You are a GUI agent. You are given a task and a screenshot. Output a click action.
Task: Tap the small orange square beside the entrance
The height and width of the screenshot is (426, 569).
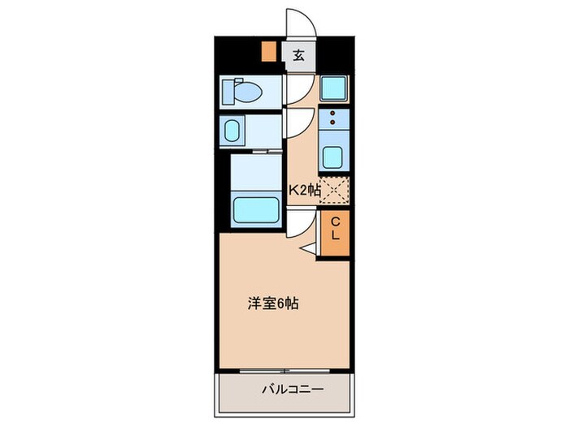click(x=267, y=51)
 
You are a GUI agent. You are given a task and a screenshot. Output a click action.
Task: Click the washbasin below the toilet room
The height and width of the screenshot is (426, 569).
click(x=234, y=131)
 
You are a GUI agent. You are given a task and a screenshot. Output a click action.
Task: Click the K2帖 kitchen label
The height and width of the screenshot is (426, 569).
click(x=304, y=191)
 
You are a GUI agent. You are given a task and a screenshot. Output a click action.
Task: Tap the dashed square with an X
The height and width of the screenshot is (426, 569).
click(x=334, y=190)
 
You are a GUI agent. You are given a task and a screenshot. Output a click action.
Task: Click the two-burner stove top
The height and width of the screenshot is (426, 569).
click(x=333, y=120)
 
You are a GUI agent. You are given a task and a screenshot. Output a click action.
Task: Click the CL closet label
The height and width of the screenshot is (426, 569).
click(x=334, y=228)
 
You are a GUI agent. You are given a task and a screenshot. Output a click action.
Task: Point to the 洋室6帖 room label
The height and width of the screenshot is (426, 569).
click(x=272, y=304)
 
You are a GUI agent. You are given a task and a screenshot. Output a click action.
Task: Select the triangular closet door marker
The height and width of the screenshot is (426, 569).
click(x=310, y=248)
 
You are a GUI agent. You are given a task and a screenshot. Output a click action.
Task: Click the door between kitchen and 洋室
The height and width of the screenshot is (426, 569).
click(x=298, y=219)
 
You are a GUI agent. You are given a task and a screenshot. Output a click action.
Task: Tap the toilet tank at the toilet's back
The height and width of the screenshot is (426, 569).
click(x=228, y=92)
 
